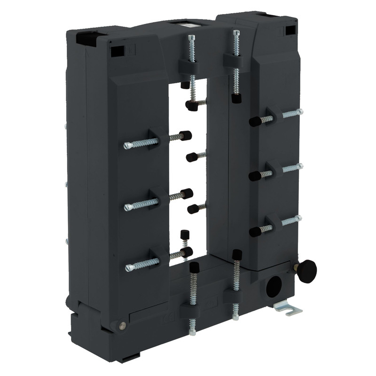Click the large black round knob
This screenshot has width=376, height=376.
(x=307, y=271)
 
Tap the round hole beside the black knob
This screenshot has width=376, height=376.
(x=274, y=285)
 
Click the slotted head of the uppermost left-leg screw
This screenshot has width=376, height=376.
(x=127, y=146)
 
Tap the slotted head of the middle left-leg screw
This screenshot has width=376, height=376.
(x=128, y=207)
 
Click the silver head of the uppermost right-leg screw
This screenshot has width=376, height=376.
(x=299, y=112)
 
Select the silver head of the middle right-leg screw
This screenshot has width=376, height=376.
(x=299, y=166)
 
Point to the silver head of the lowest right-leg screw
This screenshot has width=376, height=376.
(x=298, y=218)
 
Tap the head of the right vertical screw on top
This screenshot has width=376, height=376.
(x=236, y=33)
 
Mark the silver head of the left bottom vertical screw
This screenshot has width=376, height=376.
(x=193, y=333)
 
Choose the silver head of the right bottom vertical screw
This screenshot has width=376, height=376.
(x=235, y=317)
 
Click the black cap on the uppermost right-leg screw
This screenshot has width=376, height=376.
(x=255, y=122)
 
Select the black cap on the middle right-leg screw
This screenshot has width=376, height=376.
(x=255, y=176)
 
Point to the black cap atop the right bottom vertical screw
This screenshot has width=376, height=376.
(x=237, y=255)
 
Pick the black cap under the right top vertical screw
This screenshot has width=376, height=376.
(x=236, y=99)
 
